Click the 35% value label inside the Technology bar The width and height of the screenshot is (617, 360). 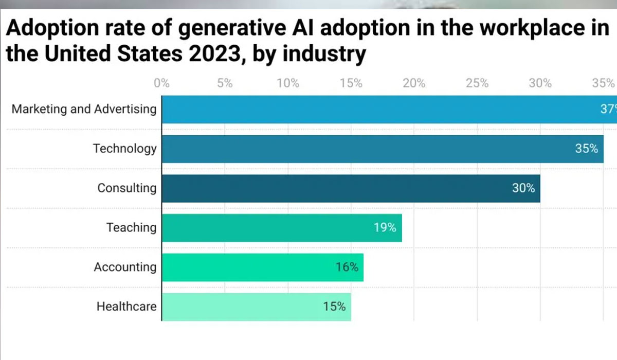pos(586,149)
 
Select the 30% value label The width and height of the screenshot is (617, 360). pos(523,188)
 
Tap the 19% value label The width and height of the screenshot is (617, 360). pos(385,227)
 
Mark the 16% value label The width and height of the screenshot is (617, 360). pos(347,267)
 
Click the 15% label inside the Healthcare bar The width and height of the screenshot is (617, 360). pos(334,307)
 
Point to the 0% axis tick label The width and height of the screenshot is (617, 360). pos(161,83)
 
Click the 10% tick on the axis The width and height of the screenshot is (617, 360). pos(288,83)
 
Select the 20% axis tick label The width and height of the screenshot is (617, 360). pos(414,83)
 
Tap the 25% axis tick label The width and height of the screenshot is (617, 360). pos(477,83)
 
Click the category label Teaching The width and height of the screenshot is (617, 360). pos(131,227)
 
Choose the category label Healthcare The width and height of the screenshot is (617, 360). pos(126,307)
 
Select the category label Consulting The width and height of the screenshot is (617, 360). pos(127,188)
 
